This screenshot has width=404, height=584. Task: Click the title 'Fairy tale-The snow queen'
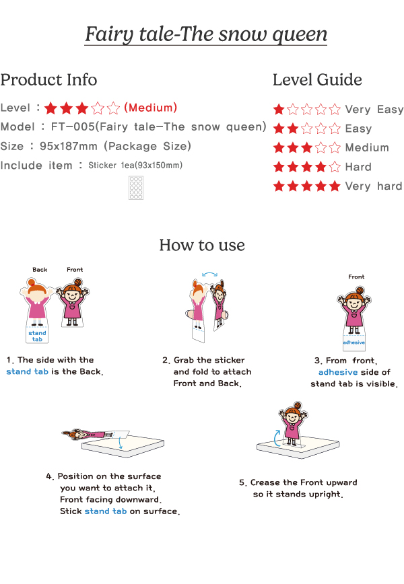point(206,34)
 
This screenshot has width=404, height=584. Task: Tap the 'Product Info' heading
point(49,79)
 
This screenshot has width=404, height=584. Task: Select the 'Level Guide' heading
point(317,79)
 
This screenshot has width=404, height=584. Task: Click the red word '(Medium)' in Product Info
point(150,108)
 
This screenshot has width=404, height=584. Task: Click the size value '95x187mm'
point(69,146)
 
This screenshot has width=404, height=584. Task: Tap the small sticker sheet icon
point(136,188)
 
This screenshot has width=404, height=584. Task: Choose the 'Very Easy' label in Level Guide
point(374,110)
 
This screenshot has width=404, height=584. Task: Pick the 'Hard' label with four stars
point(358,166)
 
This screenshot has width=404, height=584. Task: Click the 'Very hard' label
point(374,186)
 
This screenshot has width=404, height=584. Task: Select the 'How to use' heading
point(202,245)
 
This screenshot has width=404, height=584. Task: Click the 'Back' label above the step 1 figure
point(40,269)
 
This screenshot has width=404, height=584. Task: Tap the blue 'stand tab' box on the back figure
point(37,335)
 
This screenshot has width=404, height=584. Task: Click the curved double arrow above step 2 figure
point(210,275)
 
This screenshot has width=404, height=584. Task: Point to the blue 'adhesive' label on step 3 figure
point(354,342)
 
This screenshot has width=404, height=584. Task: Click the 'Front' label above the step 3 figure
point(356,277)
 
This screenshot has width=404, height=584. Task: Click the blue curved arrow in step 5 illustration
point(276,438)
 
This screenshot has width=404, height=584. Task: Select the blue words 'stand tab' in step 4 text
point(106,511)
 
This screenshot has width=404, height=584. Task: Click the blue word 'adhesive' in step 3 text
point(338,372)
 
